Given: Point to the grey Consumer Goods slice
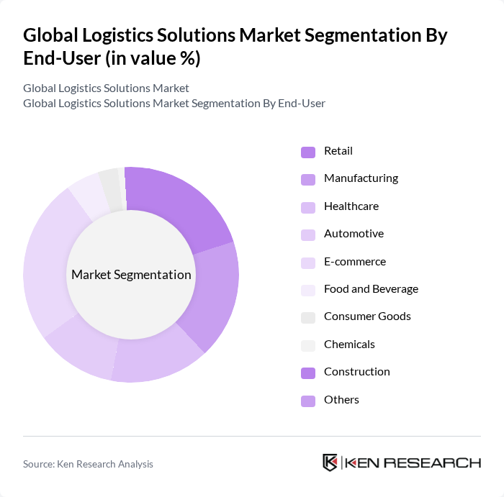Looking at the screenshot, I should pyautogui.click(x=109, y=186).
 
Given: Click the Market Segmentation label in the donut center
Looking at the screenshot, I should pyautogui.click(x=131, y=275).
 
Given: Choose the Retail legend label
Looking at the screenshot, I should pyautogui.click(x=338, y=151).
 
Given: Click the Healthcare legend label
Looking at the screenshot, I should pyautogui.click(x=351, y=206).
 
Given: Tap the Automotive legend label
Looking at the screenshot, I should pyautogui.click(x=354, y=234).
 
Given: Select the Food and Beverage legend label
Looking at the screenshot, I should pyautogui.click(x=371, y=289).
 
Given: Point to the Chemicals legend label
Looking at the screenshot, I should pyautogui.click(x=349, y=345).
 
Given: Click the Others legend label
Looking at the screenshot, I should pyautogui.click(x=341, y=400).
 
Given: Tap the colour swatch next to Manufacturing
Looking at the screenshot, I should pyautogui.click(x=307, y=179).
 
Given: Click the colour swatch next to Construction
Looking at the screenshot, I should pyautogui.click(x=307, y=373).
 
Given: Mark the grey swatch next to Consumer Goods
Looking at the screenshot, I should pyautogui.click(x=307, y=317).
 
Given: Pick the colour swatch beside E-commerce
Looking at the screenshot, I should pyautogui.click(x=307, y=262).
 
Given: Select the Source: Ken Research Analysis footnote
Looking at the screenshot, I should pyautogui.click(x=88, y=464).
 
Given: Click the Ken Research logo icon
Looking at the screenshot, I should pyautogui.click(x=330, y=462).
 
